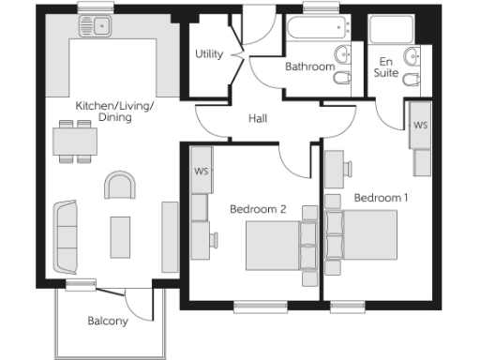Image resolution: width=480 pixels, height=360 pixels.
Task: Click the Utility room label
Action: tap(208, 53)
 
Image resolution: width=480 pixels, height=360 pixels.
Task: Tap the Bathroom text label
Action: tap(309, 67)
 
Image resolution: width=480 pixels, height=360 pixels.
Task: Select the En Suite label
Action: tap(385, 66)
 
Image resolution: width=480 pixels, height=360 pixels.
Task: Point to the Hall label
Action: tap(260, 119)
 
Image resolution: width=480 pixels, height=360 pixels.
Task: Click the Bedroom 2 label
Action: tap(258, 209)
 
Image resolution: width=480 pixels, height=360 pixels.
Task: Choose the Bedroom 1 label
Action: tap(381, 198)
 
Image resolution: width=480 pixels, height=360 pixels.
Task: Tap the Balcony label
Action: tap(108, 321)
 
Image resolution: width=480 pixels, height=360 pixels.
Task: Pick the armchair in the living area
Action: tap(120, 186)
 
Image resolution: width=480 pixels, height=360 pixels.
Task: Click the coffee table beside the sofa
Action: tap(120, 236)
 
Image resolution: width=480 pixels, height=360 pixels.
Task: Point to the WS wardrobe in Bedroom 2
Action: tap(202, 172)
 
